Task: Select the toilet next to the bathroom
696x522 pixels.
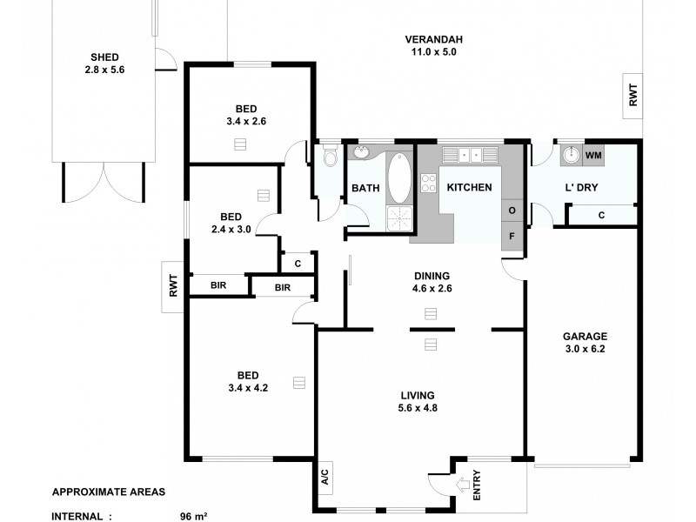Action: coord(329,158)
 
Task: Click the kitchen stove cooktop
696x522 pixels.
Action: coord(428,184)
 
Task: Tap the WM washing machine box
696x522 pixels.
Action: coord(593,155)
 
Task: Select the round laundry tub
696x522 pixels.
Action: coord(570,156)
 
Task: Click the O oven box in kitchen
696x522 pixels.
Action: coord(512,211)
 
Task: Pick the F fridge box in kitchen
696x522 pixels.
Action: coord(512,236)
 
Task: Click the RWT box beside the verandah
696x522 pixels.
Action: coord(632,94)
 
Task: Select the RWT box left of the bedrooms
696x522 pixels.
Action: coord(174,285)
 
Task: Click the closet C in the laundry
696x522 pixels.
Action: coord(601,215)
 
